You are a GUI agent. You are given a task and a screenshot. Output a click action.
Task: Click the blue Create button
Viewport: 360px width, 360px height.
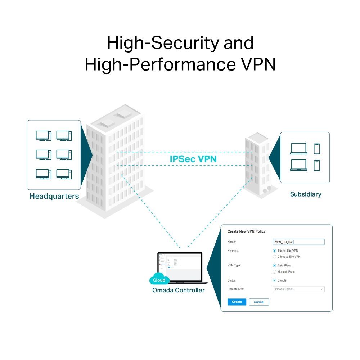[x=237, y=302]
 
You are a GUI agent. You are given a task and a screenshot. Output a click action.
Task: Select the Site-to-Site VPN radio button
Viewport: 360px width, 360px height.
[x=275, y=251]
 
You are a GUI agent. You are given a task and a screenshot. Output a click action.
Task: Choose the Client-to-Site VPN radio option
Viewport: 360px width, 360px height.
[x=275, y=257]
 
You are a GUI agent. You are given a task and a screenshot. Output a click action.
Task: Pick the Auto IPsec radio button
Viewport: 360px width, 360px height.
[x=275, y=265]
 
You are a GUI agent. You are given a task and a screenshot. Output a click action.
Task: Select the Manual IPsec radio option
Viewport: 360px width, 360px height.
[x=275, y=272]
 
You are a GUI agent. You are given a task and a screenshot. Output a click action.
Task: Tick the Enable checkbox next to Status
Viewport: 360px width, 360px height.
[x=275, y=280]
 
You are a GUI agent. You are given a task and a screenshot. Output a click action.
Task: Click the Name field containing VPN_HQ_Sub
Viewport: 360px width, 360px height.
[x=298, y=242]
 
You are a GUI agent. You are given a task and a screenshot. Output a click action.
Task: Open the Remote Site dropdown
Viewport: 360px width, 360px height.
[x=298, y=289]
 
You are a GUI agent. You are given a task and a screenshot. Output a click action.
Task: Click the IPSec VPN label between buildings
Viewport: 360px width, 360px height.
[x=193, y=159]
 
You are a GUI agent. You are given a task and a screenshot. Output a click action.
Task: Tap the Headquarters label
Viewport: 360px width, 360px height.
[x=54, y=197]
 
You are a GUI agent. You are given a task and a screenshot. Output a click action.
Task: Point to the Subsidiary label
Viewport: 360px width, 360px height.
[x=305, y=194]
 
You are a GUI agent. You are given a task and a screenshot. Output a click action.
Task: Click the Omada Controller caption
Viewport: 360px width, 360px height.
[x=178, y=290]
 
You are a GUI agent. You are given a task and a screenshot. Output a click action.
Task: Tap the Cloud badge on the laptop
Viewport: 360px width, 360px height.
[x=159, y=280]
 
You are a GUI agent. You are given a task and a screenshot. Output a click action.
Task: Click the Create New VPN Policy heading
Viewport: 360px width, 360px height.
[x=246, y=231]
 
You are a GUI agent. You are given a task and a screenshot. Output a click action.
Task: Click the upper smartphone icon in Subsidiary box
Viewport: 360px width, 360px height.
[x=317, y=149]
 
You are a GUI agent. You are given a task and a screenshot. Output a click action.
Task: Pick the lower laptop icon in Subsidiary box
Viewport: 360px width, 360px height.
[x=298, y=165]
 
